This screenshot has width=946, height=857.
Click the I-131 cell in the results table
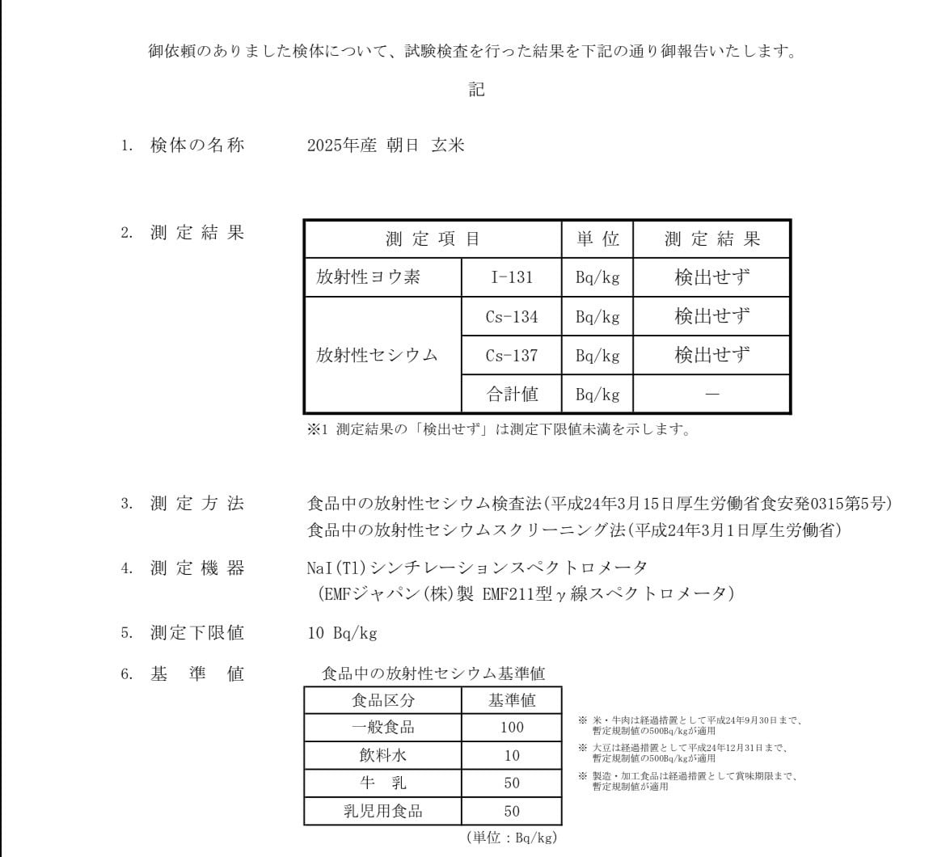click(x=512, y=277)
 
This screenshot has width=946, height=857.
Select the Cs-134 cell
click(x=512, y=316)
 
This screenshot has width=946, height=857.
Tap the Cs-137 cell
click(x=512, y=355)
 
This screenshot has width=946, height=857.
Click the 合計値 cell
click(x=512, y=395)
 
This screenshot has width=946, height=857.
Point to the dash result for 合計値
click(x=712, y=395)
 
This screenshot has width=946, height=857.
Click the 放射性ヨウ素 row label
click(x=368, y=277)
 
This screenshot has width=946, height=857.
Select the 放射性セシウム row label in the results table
click(x=377, y=355)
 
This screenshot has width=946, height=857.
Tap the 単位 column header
click(x=598, y=239)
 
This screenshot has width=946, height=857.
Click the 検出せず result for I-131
click(x=712, y=277)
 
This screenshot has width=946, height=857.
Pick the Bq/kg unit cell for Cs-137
click(x=598, y=355)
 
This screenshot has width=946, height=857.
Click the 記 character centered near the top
click(x=477, y=90)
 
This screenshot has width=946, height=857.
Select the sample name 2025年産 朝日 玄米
click(x=386, y=146)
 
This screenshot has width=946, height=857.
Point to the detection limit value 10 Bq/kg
click(x=343, y=633)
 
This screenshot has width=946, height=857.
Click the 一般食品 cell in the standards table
click(x=382, y=727)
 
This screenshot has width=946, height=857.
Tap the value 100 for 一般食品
click(x=512, y=727)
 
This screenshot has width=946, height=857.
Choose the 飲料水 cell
click(x=382, y=756)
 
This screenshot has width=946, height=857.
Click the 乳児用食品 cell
click(x=382, y=811)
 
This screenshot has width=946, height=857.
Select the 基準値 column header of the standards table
click(x=512, y=700)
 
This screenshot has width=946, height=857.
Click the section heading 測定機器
click(x=196, y=568)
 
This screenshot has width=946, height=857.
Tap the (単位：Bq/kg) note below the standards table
click(x=512, y=838)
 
